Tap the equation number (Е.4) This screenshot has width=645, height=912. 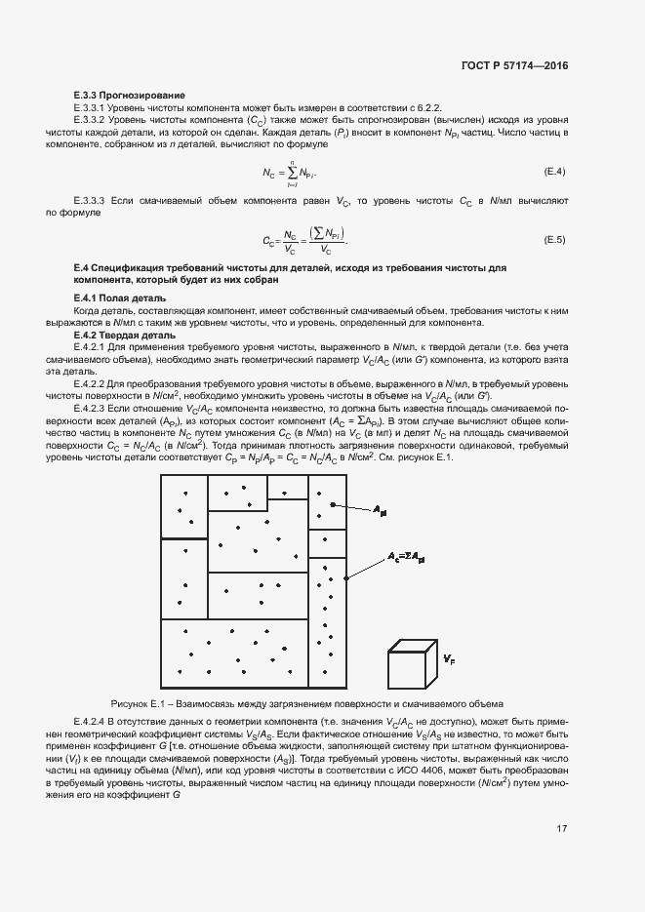click(554, 173)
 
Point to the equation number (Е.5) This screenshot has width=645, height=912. click(554, 240)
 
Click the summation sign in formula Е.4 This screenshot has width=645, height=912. click(292, 173)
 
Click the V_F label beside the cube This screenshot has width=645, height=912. click(448, 660)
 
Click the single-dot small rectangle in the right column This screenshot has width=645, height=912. click(327, 543)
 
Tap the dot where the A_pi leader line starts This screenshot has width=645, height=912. click(333, 504)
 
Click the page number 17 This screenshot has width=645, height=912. click(561, 829)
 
